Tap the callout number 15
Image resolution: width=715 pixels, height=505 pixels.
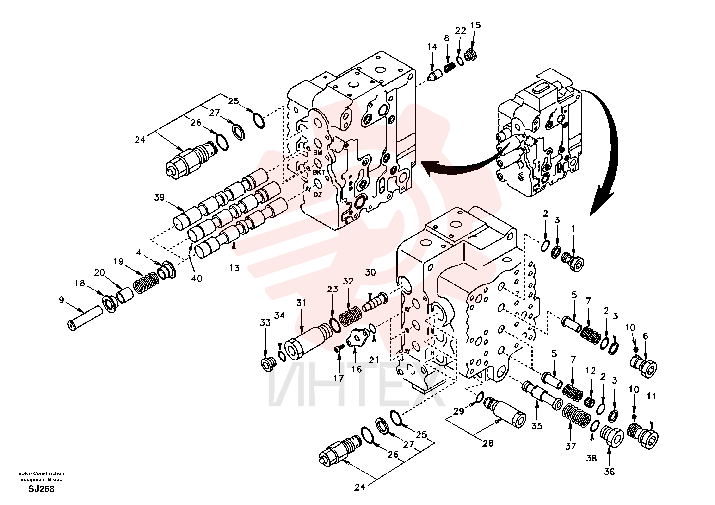(475, 25)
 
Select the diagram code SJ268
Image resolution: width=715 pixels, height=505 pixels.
(41, 489)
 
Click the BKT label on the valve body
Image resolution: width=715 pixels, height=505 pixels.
(319, 172)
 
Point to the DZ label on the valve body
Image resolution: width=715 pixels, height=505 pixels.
(318, 195)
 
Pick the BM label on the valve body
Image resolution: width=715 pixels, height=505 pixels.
(318, 153)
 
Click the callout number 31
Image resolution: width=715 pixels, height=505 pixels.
(301, 303)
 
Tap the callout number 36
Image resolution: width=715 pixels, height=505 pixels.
(610, 472)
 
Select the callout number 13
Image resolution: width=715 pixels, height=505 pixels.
(234, 268)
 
